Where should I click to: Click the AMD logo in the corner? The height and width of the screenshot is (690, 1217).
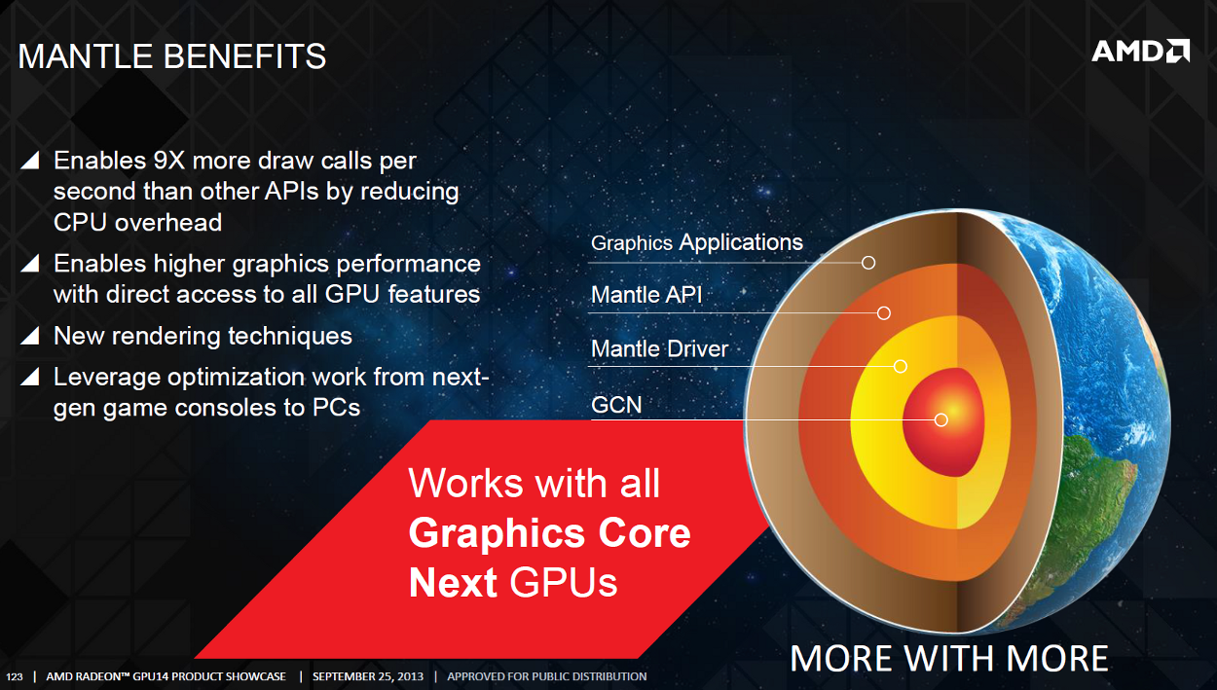pos(1140,51)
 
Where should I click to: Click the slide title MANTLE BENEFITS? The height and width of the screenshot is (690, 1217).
pos(171,56)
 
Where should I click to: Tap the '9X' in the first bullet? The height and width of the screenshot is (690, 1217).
pos(169,161)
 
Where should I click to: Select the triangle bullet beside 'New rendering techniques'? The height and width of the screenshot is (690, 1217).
pos(30,336)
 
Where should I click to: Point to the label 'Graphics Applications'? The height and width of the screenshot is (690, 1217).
pos(696,242)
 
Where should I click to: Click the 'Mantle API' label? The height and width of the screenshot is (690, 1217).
pos(646,295)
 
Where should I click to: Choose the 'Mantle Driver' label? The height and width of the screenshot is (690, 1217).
pos(659,348)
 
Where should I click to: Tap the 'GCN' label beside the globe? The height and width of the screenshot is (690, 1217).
pos(616,405)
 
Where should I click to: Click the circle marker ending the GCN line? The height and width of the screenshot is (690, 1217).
pos(941,419)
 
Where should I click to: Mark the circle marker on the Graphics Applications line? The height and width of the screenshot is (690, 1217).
pos(868,263)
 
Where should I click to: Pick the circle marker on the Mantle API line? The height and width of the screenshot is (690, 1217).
pos(883,313)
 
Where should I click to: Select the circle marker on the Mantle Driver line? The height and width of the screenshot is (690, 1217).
pos(901,367)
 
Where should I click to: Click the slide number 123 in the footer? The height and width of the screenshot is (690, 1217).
pos(15,677)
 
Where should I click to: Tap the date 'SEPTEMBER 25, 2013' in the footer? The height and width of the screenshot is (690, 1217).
pos(368,676)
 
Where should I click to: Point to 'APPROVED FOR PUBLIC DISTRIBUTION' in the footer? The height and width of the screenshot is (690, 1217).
pos(546,676)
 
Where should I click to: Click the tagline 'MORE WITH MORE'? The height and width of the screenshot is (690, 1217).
pos(948,659)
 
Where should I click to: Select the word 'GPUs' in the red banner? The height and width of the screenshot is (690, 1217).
pos(564,583)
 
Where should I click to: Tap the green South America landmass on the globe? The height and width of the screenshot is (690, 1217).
pos(1097,499)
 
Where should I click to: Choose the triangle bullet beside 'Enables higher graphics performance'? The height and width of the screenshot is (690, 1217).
pos(30,264)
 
